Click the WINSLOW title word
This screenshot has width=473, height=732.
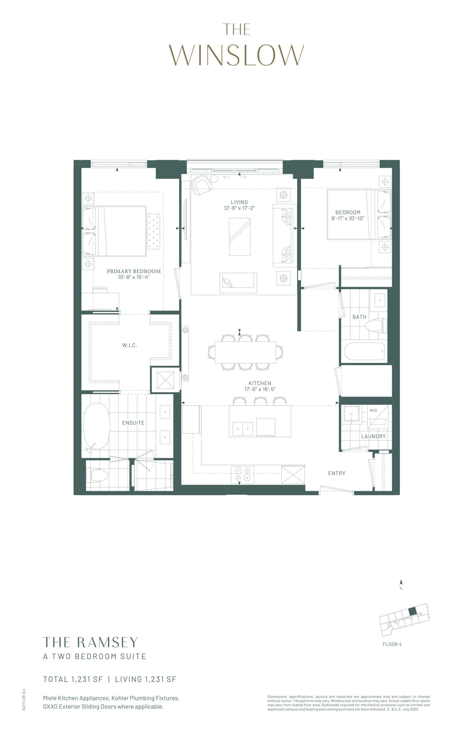point(236,55)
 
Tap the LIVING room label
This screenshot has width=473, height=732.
point(239,202)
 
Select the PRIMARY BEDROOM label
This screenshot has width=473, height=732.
point(134,271)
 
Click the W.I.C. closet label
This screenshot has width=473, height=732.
point(130,345)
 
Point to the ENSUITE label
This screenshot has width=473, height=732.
point(133,423)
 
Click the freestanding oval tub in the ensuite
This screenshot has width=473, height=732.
point(97,426)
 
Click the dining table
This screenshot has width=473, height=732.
point(245,352)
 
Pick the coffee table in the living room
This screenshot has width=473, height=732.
point(240,236)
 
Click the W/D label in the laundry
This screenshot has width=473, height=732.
point(373,410)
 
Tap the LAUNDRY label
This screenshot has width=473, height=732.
point(373,436)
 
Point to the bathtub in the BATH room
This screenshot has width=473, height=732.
point(364,351)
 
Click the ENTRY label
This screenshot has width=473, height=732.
point(337,473)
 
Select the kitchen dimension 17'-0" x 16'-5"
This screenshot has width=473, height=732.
point(260,389)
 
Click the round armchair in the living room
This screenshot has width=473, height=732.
point(201,185)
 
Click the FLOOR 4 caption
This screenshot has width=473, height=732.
point(392,644)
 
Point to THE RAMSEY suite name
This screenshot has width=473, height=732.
point(90,642)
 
